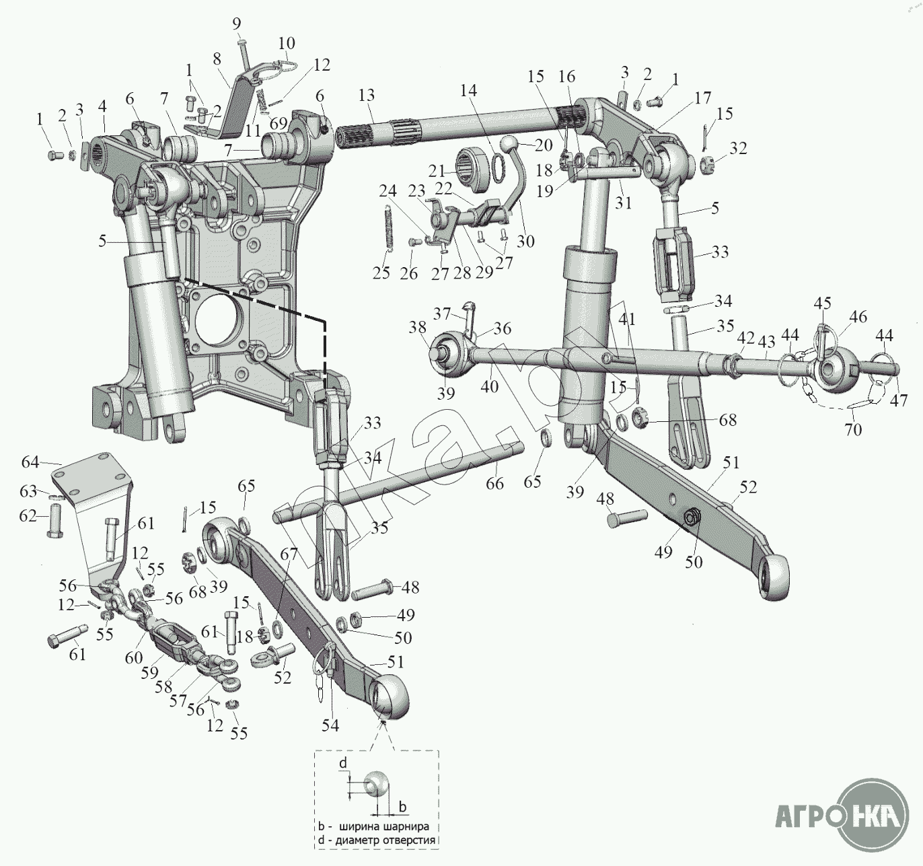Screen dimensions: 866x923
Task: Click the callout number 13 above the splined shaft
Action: click(x=367, y=96)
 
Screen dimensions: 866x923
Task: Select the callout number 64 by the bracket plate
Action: click(x=30, y=463)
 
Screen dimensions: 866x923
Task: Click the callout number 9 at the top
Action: click(x=237, y=24)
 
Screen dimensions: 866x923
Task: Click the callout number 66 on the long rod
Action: click(x=494, y=484)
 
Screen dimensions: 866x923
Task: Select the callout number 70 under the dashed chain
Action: click(x=853, y=429)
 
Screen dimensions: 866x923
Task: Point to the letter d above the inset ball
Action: click(x=343, y=763)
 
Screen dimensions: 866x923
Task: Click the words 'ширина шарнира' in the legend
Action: click(x=384, y=826)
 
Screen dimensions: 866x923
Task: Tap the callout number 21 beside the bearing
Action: click(x=438, y=170)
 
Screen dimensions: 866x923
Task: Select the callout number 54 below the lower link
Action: click(x=330, y=725)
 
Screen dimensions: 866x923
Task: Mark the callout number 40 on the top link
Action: click(x=490, y=386)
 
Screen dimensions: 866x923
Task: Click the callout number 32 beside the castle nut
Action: click(x=739, y=147)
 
